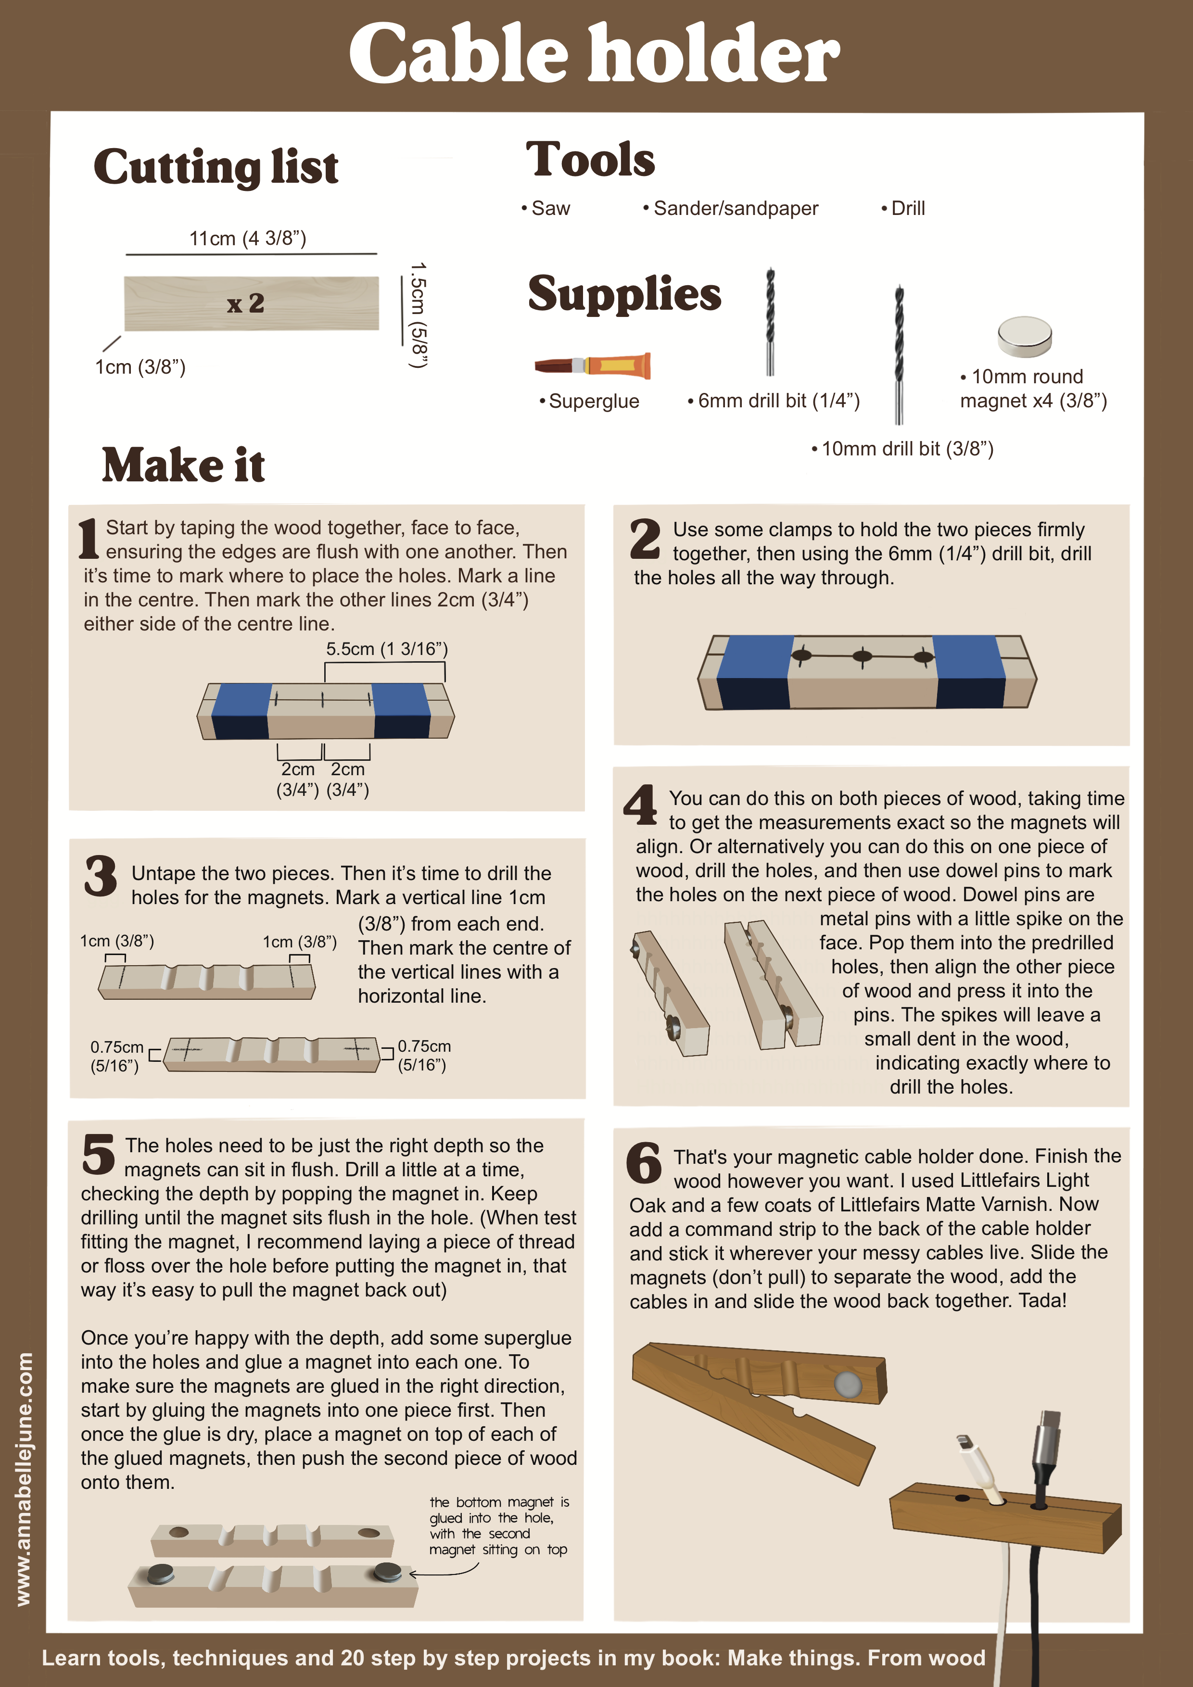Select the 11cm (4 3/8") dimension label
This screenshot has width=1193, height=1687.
tap(248, 238)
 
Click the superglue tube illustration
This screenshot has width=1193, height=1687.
tap(593, 365)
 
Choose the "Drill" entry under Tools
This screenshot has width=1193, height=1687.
tap(903, 209)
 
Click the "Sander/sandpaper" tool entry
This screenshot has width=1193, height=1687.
tap(731, 209)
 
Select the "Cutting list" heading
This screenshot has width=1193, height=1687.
tap(216, 167)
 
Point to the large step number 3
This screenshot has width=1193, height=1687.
tap(101, 875)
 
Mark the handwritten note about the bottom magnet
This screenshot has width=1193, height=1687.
tap(498, 1526)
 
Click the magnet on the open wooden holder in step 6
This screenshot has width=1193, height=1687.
tap(848, 1385)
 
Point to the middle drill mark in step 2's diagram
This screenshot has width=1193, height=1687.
tap(862, 655)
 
